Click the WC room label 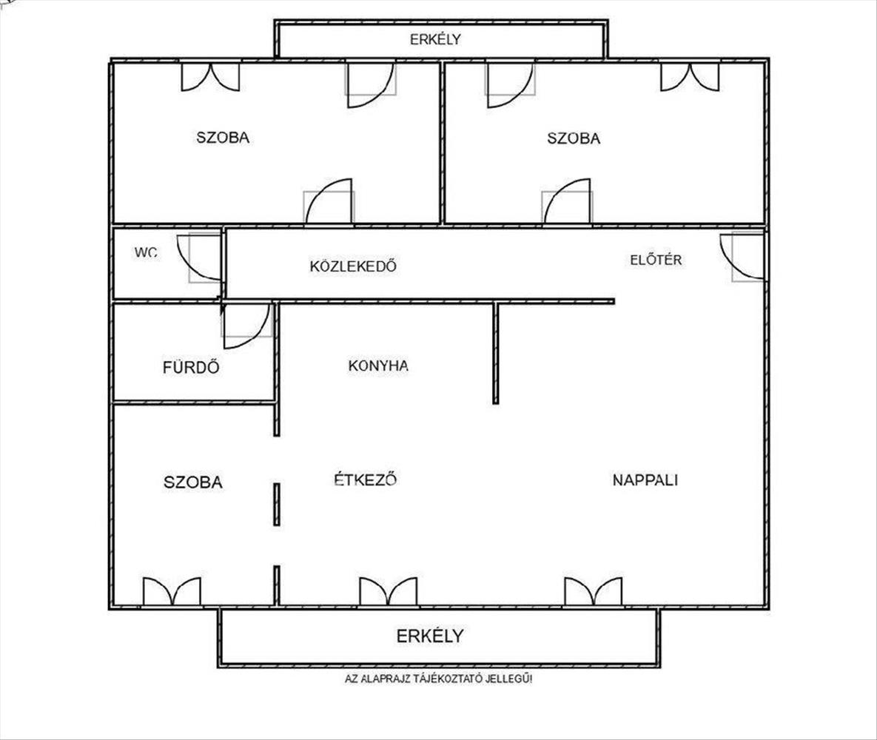(x=146, y=252)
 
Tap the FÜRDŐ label (x=191, y=367)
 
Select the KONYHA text (x=378, y=366)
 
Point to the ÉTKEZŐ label (x=365, y=480)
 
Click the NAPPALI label (x=645, y=480)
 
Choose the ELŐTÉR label (x=656, y=260)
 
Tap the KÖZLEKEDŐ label (x=353, y=266)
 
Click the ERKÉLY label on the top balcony (x=436, y=39)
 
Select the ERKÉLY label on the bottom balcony (x=430, y=636)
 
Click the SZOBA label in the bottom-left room (x=193, y=482)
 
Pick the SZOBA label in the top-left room (x=223, y=138)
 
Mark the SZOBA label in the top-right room (x=574, y=138)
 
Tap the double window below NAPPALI (x=594, y=592)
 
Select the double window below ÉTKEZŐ (x=388, y=592)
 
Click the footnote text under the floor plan (x=438, y=679)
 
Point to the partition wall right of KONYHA (x=496, y=353)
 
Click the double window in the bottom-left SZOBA (x=172, y=592)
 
